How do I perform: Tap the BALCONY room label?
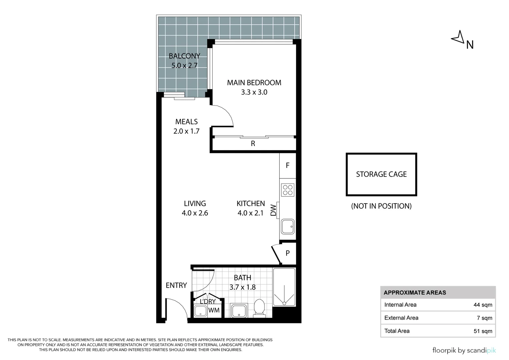click(184, 56)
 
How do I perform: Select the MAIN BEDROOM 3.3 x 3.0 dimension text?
click(254, 92)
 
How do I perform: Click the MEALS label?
click(186, 122)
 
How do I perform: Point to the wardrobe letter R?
click(253, 143)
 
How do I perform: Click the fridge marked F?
click(287, 165)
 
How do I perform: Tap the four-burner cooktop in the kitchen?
click(288, 190)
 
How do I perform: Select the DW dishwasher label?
click(273, 210)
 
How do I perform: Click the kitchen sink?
click(288, 227)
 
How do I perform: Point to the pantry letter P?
click(288, 253)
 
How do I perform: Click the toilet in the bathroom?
click(259, 308)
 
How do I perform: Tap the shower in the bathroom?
click(284, 287)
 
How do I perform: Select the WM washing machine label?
click(214, 310)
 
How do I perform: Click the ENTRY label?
click(176, 285)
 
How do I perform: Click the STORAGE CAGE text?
click(381, 174)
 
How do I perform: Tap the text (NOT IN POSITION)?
click(381, 206)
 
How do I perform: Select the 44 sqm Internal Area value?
click(483, 305)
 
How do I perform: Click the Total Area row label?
click(397, 331)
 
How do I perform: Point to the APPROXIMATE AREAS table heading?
click(415, 293)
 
